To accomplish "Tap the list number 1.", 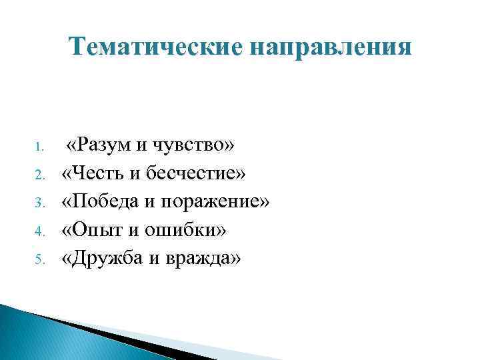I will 39,146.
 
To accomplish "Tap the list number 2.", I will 39,175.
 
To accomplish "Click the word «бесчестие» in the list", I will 199,173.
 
